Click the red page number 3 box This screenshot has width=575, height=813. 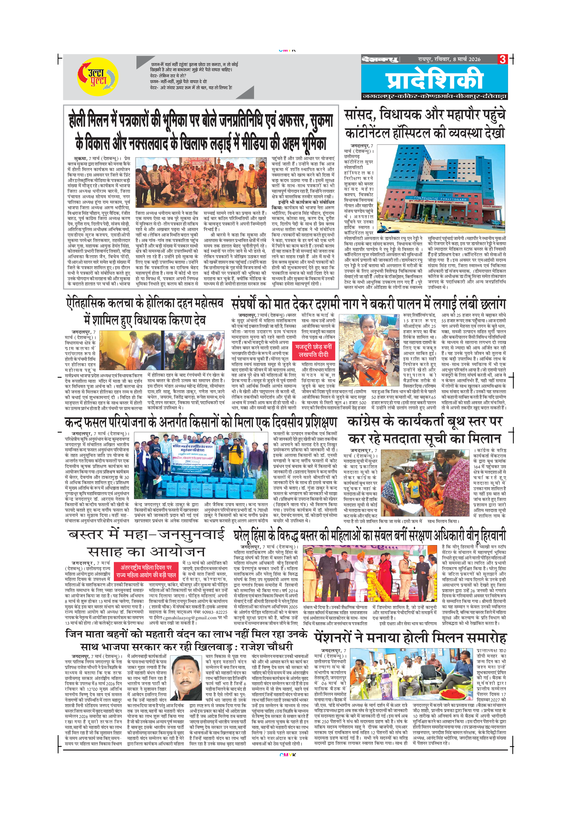click(x=502, y=59)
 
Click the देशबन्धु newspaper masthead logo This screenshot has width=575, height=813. click(x=380, y=59)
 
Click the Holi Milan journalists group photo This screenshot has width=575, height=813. click(x=201, y=182)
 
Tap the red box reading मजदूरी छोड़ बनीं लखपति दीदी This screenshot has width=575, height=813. click(x=313, y=350)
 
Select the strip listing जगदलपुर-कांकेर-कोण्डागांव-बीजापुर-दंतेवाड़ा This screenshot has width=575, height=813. click(x=435, y=96)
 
